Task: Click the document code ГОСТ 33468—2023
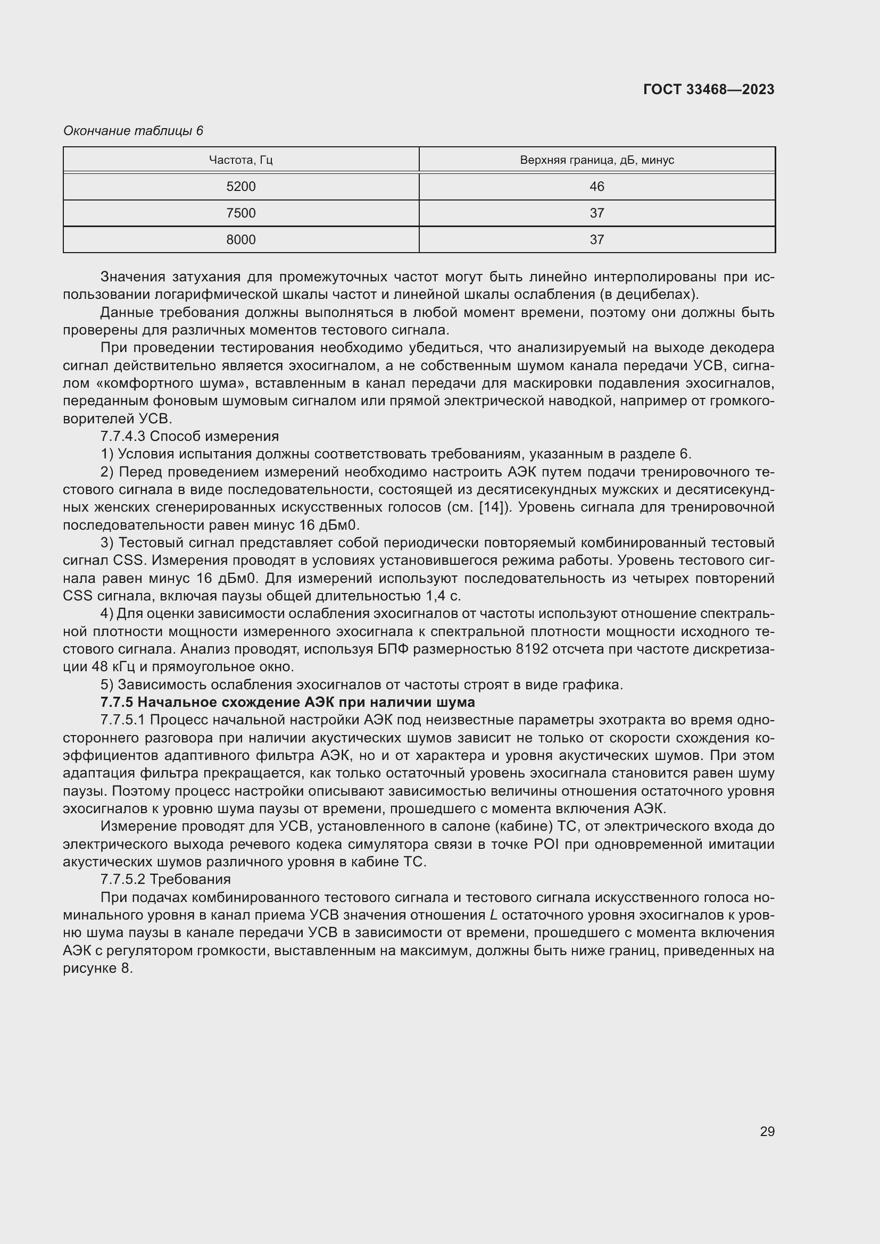click(708, 89)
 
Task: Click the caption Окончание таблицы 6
click(133, 131)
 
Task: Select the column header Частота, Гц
click(240, 160)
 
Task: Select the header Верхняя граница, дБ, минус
click(596, 160)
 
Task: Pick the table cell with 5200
click(240, 186)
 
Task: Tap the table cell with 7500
click(240, 213)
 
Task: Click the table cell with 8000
click(240, 239)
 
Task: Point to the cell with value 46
click(596, 186)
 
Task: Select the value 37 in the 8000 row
click(596, 239)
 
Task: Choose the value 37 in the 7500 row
click(596, 213)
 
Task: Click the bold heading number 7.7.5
click(117, 702)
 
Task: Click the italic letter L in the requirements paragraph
click(493, 915)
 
